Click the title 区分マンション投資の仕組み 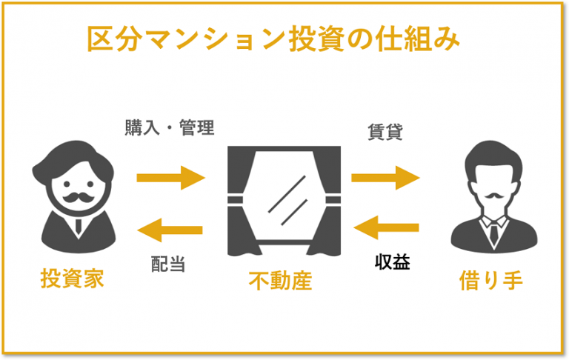click(x=274, y=39)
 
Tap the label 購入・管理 click(x=170, y=127)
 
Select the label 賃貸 click(x=385, y=132)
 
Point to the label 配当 click(x=168, y=264)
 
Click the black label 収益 click(x=392, y=261)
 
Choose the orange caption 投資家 click(x=72, y=279)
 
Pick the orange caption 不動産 click(x=280, y=281)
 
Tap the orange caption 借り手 click(x=491, y=281)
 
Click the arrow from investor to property click(x=171, y=178)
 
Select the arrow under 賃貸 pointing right click(x=385, y=178)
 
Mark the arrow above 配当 click(x=170, y=230)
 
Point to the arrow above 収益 click(x=386, y=228)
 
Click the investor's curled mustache click(x=78, y=197)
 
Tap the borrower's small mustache click(x=494, y=196)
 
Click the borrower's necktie click(x=494, y=232)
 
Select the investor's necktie click(x=79, y=227)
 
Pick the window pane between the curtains click(x=284, y=196)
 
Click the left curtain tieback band click(x=235, y=199)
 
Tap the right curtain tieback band click(x=333, y=199)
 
